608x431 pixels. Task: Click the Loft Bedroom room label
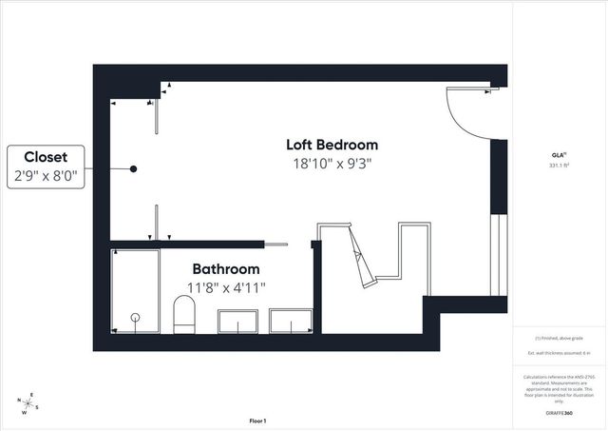click(332, 145)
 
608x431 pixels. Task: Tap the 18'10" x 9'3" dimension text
click(332, 163)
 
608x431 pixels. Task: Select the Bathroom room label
click(225, 269)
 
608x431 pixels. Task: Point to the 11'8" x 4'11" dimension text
click(225, 287)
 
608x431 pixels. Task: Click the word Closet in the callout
click(45, 157)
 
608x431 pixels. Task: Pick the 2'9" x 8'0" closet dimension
click(45, 175)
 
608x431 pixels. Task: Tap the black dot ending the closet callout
click(134, 168)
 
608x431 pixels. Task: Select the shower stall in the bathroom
click(135, 291)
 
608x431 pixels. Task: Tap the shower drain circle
click(135, 317)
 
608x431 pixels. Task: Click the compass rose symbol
click(29, 404)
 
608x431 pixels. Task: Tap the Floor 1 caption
click(257, 420)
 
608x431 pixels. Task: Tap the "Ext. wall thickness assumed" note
click(560, 353)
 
